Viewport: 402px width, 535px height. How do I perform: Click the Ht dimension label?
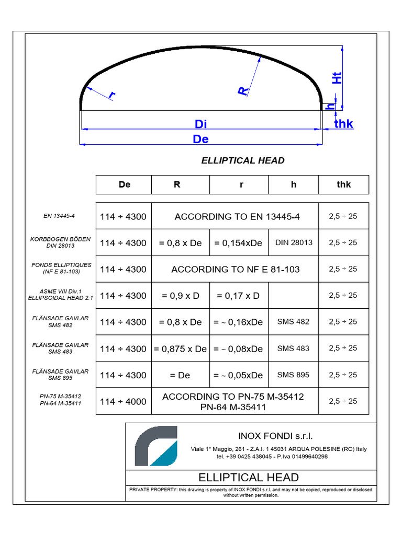338,77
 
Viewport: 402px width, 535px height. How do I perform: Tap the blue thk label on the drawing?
344,124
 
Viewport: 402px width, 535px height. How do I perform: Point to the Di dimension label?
201,124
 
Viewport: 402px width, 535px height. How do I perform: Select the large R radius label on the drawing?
243,91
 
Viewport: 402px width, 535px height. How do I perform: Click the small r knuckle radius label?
111,95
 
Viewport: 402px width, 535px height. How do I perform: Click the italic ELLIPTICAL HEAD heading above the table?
243,160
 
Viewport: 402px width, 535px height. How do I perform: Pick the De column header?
124,184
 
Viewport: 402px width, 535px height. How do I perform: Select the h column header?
294,184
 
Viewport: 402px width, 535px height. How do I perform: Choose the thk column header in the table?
344,184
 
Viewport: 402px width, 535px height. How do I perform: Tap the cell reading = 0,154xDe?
239,242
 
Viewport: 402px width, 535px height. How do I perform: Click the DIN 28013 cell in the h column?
294,242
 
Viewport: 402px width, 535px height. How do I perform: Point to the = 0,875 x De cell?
181,348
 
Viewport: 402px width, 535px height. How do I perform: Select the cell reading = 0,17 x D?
239,296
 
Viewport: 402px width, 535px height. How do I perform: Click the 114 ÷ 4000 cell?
124,401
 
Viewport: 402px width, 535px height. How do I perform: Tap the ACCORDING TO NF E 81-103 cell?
235,269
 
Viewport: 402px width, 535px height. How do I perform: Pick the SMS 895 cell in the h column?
293,375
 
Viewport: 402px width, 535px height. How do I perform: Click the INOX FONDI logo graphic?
156,446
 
